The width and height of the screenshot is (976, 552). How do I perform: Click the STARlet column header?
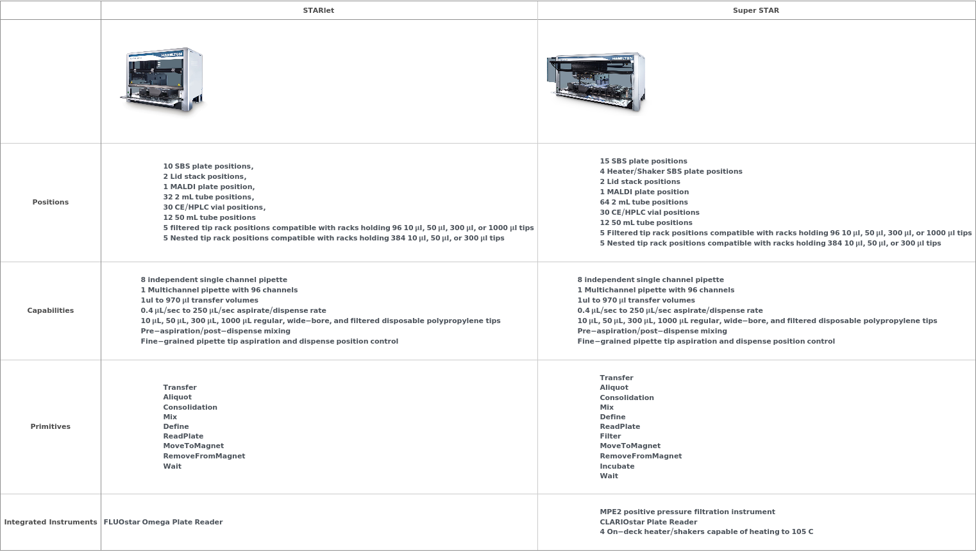point(319,10)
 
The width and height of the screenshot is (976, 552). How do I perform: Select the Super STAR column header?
point(756,10)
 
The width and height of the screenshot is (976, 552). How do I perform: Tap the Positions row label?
point(51,202)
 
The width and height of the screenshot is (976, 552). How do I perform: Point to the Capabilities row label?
point(51,310)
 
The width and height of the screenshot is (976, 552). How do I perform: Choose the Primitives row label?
point(51,426)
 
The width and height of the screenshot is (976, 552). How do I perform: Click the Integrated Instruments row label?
point(51,522)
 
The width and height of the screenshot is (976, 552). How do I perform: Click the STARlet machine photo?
point(163,81)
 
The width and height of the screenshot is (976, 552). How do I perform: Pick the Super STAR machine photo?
point(596,82)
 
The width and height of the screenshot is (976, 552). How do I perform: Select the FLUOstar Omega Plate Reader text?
point(164,522)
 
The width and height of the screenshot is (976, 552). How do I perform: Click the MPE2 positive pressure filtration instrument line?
point(687,512)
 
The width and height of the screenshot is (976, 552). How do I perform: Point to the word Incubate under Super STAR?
point(617,466)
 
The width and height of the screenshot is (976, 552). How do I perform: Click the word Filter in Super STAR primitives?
point(610,436)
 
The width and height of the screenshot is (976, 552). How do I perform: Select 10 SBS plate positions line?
point(208,166)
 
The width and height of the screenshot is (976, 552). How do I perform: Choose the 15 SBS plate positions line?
point(643,161)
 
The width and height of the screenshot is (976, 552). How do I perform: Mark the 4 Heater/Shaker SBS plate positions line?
point(671,171)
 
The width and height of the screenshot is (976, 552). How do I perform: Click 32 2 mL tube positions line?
point(208,197)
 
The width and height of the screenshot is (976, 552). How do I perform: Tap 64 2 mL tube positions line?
point(644,202)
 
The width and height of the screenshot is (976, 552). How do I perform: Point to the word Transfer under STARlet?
point(180,387)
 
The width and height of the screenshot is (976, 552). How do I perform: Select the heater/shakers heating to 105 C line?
point(706,531)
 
